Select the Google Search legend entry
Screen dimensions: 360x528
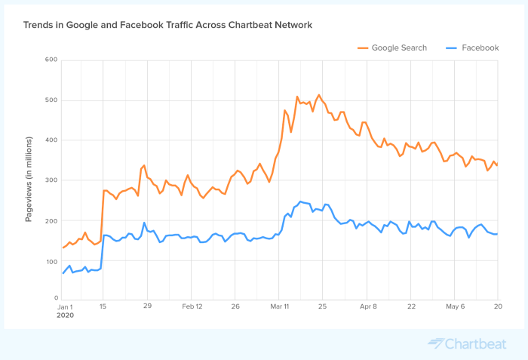pyautogui.click(x=393, y=48)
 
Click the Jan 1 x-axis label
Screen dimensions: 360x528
pyautogui.click(x=66, y=306)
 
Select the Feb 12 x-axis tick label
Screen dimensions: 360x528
pyautogui.click(x=193, y=306)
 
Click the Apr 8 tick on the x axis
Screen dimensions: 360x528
pyautogui.click(x=367, y=306)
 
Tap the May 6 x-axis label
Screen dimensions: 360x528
pyautogui.click(x=455, y=306)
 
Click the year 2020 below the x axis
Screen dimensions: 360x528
pyautogui.click(x=66, y=316)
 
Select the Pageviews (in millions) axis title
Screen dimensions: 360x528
pyautogui.click(x=29, y=179)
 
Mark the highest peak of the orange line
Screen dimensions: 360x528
pyautogui.click(x=319, y=95)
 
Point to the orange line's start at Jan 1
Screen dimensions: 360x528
pyautogui.click(x=63, y=248)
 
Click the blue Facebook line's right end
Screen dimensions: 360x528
pyautogui.click(x=497, y=234)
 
